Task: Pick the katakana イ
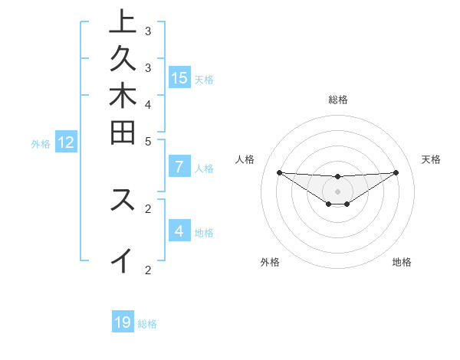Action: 123,262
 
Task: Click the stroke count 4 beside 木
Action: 148,104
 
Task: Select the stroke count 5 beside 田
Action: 148,141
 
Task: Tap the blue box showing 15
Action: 179,78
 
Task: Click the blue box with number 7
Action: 179,167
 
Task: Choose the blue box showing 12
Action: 66,142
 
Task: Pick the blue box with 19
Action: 123,322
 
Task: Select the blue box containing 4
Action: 179,231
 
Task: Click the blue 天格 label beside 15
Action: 204,79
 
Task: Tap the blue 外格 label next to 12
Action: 41,142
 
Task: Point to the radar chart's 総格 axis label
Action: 337,100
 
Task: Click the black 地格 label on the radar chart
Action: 402,262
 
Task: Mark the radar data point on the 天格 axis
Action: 396,172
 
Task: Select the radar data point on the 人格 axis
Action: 279,172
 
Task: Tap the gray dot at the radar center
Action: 337,191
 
